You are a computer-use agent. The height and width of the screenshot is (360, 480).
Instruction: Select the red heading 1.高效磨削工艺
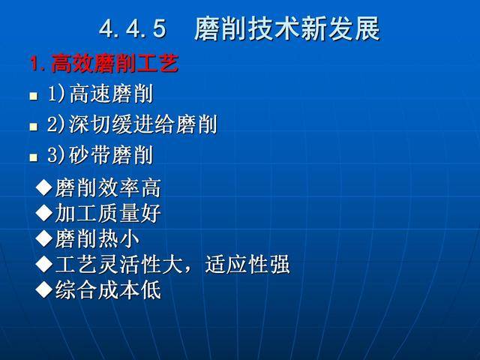(x=103, y=64)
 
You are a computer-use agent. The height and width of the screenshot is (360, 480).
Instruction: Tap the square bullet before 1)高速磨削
(x=33, y=96)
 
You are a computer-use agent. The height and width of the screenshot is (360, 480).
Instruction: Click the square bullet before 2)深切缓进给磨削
(x=33, y=127)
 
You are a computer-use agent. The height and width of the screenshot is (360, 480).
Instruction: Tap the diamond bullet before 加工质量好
(x=44, y=214)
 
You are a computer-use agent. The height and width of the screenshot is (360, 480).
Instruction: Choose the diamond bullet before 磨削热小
(x=44, y=239)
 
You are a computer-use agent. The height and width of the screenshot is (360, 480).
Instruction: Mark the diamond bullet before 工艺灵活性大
(x=44, y=265)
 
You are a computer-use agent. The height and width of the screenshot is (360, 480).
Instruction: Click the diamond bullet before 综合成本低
(x=44, y=290)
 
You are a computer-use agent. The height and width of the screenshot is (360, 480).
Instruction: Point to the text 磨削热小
(x=97, y=239)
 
